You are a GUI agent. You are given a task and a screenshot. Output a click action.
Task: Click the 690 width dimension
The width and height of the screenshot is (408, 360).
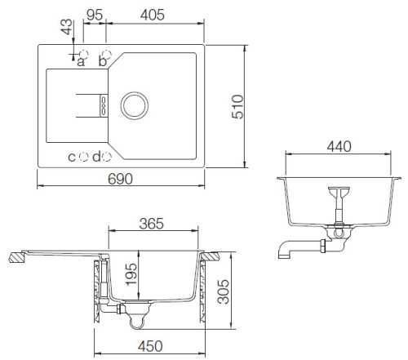(x=120, y=179)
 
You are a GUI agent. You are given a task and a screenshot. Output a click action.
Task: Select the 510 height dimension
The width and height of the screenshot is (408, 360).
(x=237, y=106)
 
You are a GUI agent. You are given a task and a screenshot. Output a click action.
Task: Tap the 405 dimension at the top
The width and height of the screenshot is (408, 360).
(x=153, y=15)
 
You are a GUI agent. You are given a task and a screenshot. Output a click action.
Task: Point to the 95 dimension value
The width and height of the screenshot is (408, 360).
(x=95, y=15)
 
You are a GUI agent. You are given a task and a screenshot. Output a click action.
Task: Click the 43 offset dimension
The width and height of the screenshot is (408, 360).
(x=67, y=27)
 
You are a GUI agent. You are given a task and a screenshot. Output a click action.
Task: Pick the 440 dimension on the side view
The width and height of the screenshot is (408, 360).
(x=339, y=147)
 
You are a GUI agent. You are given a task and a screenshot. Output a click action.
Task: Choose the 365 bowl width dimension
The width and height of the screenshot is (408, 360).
(x=151, y=224)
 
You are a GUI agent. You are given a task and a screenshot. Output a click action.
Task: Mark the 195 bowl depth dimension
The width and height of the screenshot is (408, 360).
(x=131, y=274)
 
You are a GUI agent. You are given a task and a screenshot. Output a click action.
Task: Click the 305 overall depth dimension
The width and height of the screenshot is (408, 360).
(x=224, y=291)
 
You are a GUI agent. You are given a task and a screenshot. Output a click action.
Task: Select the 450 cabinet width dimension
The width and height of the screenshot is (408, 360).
(x=150, y=346)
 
